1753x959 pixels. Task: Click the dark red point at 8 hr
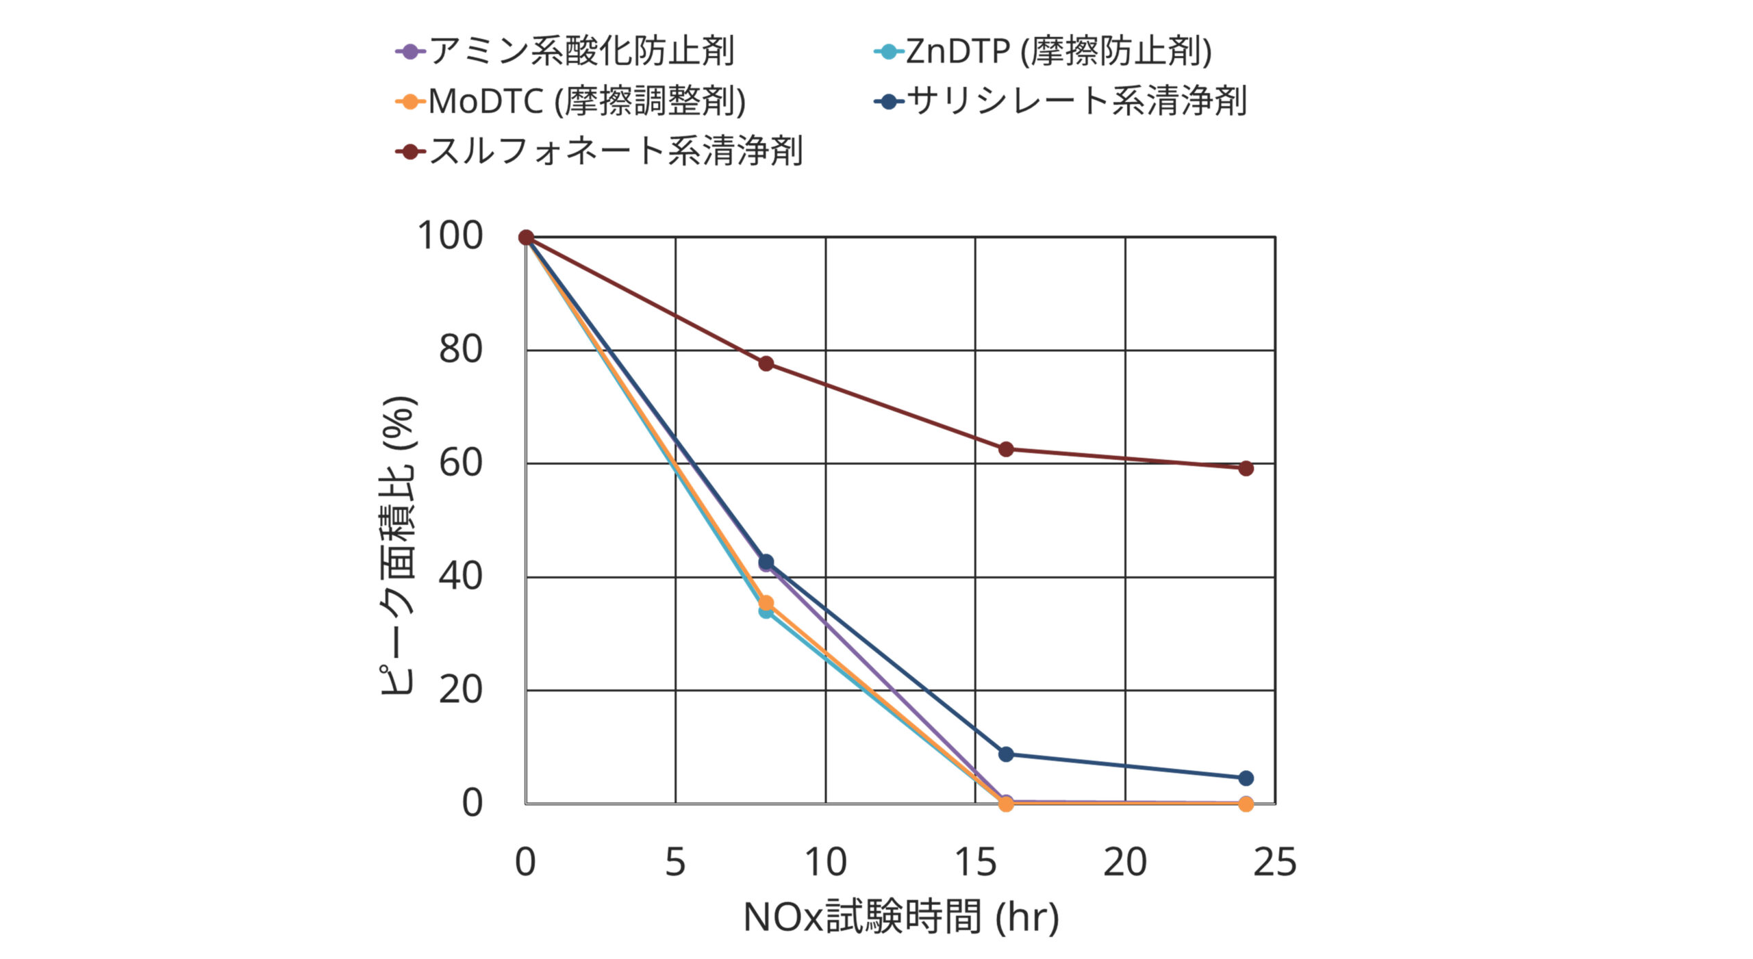(x=766, y=363)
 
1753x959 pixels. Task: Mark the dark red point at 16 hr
(x=1006, y=449)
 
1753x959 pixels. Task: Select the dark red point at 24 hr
(x=1246, y=468)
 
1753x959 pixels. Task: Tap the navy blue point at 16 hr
(x=1006, y=754)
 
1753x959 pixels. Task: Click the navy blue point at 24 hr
(x=1246, y=778)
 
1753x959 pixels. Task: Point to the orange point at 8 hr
(x=766, y=603)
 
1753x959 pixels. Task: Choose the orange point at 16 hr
(x=1006, y=804)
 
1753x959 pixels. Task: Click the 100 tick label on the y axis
(x=450, y=236)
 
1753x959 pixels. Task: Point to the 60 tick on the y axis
(x=460, y=463)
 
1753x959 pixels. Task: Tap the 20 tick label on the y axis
(x=460, y=690)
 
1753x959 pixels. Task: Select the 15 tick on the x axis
(x=975, y=862)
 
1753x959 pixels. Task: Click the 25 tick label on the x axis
(x=1274, y=862)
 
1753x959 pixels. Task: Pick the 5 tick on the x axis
(x=675, y=862)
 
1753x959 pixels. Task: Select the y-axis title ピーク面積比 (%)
(x=398, y=546)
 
